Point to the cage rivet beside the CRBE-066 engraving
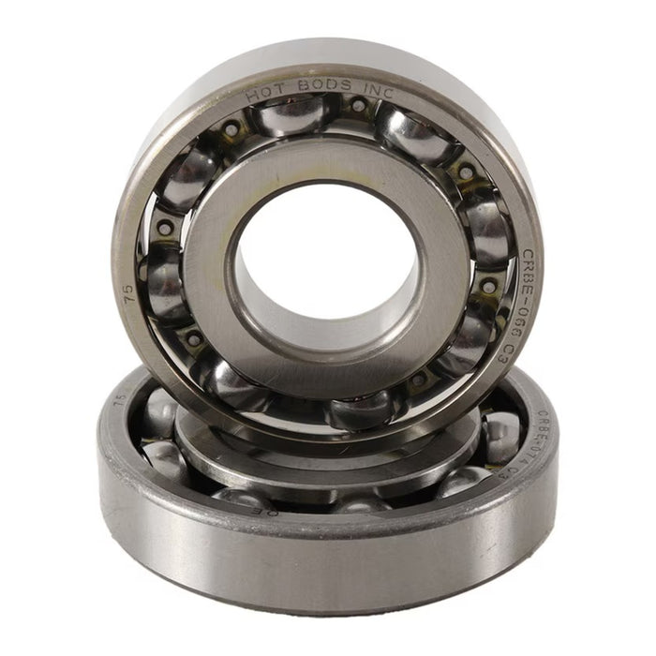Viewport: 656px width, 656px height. pyautogui.click(x=489, y=285)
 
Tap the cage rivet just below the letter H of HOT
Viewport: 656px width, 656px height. pyautogui.click(x=230, y=127)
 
